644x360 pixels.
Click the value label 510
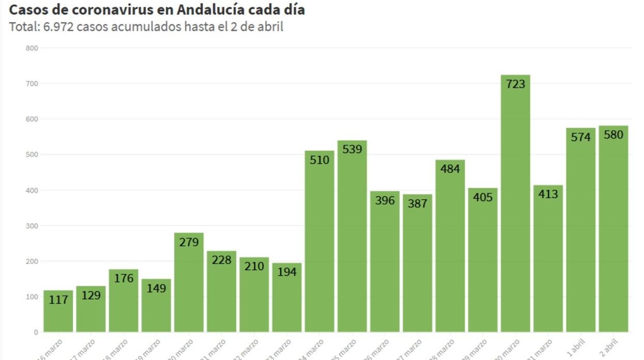tap(319, 160)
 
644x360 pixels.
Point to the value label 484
tap(450, 168)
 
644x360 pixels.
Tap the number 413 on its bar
tap(548, 194)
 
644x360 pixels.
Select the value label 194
tap(287, 271)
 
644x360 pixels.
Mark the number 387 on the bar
tap(417, 203)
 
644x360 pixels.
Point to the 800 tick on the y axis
tap(33, 48)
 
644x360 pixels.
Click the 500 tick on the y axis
tap(33, 155)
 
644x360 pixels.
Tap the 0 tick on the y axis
tap(36, 332)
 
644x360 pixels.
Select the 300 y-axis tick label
tap(33, 226)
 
